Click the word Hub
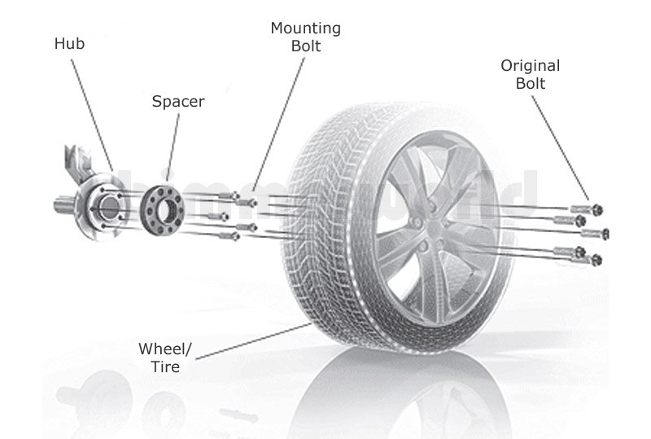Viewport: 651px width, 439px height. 69,45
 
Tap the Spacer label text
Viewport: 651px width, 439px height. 178,102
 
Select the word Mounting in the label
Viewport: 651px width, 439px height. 305,29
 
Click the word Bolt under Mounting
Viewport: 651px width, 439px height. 305,46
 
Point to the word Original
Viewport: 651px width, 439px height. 530,66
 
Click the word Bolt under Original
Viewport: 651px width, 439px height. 530,84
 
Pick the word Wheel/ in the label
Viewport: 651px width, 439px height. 165,349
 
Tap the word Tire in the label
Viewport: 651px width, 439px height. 164,367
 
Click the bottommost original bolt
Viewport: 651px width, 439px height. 594,259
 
